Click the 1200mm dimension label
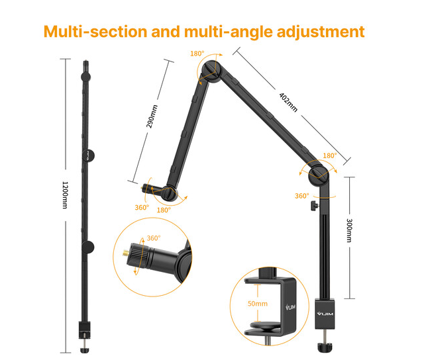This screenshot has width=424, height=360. pos(65,195)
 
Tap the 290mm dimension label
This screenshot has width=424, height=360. pos(152,116)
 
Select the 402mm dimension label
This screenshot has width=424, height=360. pos(288,103)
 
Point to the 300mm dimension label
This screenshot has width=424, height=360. pos(349,230)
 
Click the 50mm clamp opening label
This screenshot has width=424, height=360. pos(258,304)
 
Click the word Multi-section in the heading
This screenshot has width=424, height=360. pos(95,31)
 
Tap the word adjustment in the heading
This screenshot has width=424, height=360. pos(321,32)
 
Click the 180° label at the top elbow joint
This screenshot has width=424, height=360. pos(197,54)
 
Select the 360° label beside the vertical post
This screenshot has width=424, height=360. pos(302,196)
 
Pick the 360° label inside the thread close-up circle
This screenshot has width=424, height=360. pos(154,238)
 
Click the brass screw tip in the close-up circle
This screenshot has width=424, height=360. pos(126,253)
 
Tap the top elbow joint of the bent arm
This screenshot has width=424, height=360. pos(212,71)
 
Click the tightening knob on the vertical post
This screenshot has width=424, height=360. pos(315,206)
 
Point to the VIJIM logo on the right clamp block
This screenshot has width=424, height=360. pos(325,314)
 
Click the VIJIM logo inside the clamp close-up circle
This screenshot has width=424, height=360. pos(290,307)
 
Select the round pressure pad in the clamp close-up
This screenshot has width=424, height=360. pos(264,326)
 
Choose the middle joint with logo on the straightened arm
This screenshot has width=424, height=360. pos(88,156)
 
